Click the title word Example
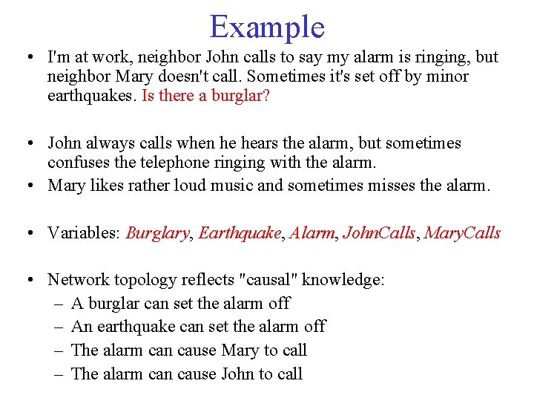coord(267,27)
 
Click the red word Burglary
coord(157,233)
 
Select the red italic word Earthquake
coord(239,233)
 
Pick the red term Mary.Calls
coord(464,233)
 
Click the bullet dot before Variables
coord(27,234)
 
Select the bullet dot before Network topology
coord(27,281)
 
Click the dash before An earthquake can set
coord(58,327)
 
